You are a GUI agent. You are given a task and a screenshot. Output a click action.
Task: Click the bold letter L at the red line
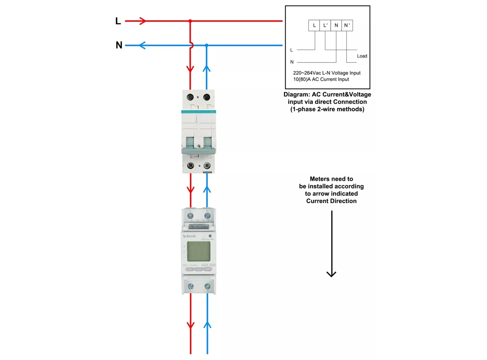tap(118, 21)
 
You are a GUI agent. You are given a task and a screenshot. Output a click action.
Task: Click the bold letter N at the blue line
tap(119, 45)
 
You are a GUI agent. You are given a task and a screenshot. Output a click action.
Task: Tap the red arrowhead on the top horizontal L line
tap(142, 21)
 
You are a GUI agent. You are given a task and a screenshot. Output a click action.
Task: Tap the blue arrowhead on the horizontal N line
tap(142, 45)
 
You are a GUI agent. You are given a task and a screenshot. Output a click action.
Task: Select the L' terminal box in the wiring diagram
tap(325, 25)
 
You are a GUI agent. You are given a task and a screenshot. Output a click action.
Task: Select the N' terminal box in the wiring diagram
tap(347, 25)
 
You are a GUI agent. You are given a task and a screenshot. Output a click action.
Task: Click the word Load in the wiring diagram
tap(362, 56)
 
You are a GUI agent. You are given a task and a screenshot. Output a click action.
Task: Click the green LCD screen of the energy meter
tap(199, 251)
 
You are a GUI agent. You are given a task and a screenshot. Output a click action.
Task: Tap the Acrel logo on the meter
tap(190, 236)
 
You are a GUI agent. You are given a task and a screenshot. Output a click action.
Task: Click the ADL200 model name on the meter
tap(208, 265)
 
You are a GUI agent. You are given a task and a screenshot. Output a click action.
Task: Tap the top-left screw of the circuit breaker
tap(190, 97)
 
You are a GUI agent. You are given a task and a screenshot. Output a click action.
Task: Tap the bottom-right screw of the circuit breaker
tap(207, 166)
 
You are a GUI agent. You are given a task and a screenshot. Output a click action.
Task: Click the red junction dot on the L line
tap(190, 21)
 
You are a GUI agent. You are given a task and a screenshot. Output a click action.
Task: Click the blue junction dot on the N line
tap(206, 45)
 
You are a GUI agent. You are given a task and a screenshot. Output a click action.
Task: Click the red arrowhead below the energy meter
tap(190, 325)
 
